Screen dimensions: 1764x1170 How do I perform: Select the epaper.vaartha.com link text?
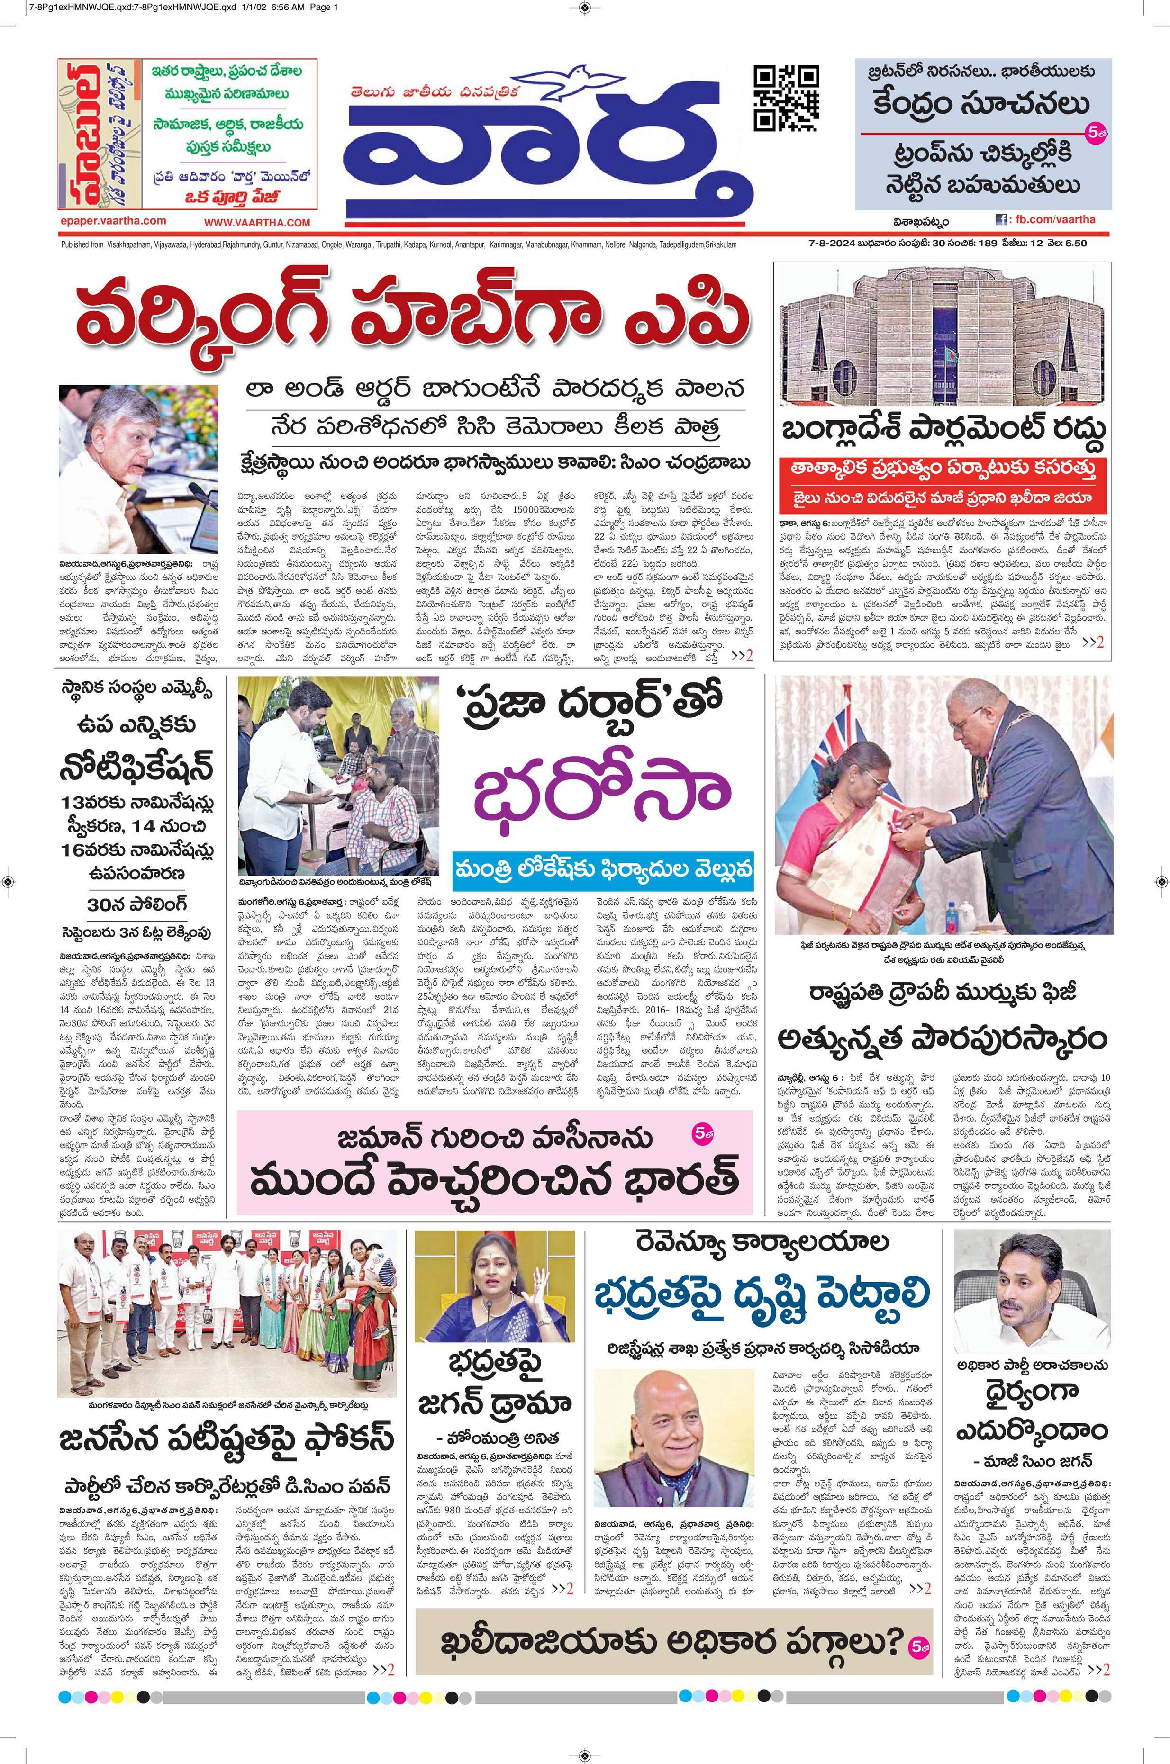coord(114,221)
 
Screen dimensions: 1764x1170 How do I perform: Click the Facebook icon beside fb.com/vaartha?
coord(1001,220)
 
